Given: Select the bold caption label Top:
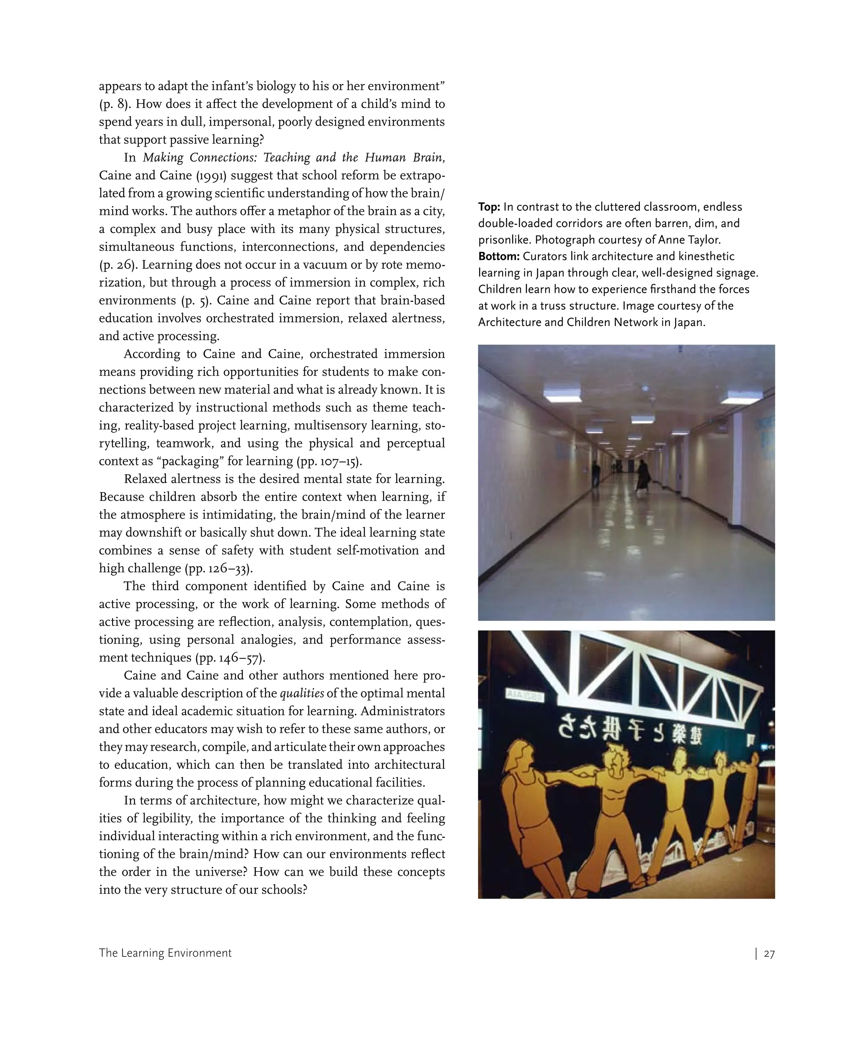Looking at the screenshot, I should pyautogui.click(x=489, y=207).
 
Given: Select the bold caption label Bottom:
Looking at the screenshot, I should pyautogui.click(x=499, y=256).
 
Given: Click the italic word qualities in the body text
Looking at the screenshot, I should pyautogui.click(x=302, y=693).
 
